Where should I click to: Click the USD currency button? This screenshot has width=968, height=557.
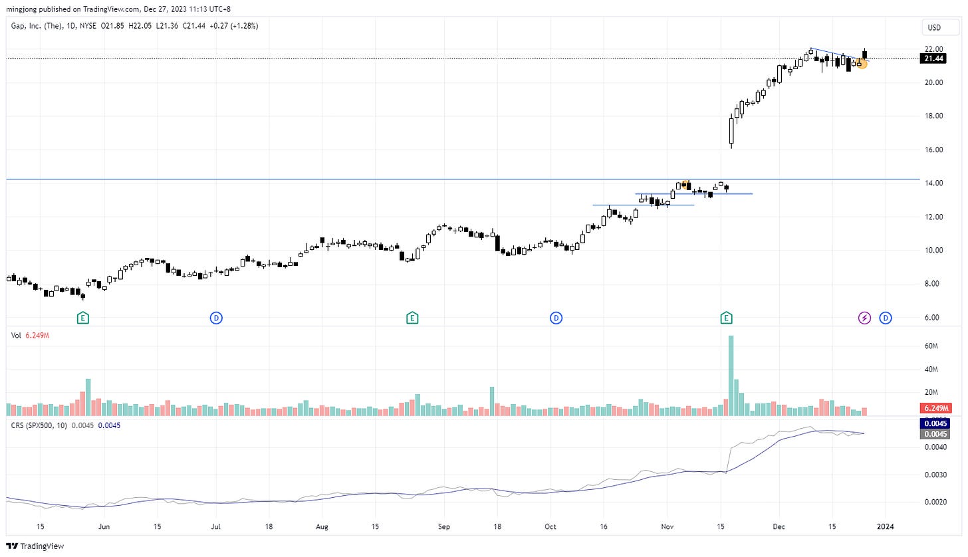pyautogui.click(x=935, y=28)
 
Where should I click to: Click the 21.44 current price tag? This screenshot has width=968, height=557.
pyautogui.click(x=933, y=58)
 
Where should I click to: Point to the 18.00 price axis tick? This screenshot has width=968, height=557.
pyautogui.click(x=933, y=116)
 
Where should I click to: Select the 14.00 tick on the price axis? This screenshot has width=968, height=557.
pyautogui.click(x=933, y=183)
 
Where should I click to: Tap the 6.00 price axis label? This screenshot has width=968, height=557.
pyautogui.click(x=933, y=317)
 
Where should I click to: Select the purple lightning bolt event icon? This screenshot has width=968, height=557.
pyautogui.click(x=864, y=318)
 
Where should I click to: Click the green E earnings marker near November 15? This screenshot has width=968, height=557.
pyautogui.click(x=727, y=318)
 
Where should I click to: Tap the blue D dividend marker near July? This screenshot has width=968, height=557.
pyautogui.click(x=216, y=318)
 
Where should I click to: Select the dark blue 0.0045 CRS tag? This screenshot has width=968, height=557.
pyautogui.click(x=935, y=423)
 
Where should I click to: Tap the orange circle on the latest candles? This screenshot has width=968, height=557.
pyautogui.click(x=862, y=64)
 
